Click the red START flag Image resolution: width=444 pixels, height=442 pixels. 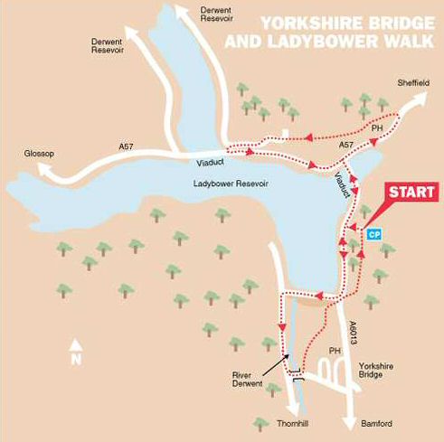(412, 193)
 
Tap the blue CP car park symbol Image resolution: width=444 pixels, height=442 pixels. (374, 233)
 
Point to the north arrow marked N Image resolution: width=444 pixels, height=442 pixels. (77, 353)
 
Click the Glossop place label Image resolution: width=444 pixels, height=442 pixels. (39, 154)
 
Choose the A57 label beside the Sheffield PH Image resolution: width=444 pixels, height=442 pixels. (345, 144)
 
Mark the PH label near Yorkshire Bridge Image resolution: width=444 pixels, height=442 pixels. (335, 350)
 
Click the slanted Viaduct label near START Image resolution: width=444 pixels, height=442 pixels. (341, 181)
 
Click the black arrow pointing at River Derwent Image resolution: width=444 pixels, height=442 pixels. (276, 364)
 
